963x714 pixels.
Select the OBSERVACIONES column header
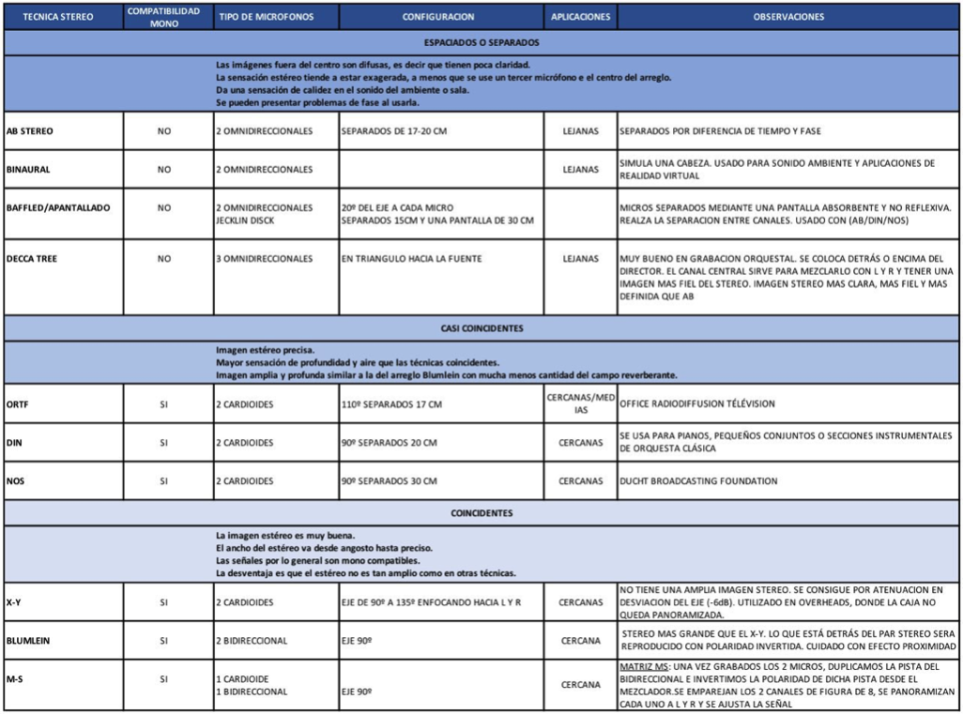(x=788, y=17)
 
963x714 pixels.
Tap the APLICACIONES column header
(x=581, y=17)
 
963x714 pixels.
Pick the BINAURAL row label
(x=28, y=170)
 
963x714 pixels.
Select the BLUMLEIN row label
(x=31, y=641)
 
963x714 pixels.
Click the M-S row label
(x=14, y=677)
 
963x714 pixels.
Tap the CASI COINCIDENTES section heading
(x=481, y=328)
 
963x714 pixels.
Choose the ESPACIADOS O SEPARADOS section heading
(x=481, y=42)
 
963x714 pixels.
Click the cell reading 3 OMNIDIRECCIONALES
(x=264, y=258)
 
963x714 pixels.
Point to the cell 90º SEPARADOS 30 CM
(x=390, y=481)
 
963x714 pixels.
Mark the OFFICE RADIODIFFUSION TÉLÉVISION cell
(x=696, y=404)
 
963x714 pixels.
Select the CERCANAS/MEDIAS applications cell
(x=580, y=404)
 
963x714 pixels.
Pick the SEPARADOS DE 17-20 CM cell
(x=394, y=131)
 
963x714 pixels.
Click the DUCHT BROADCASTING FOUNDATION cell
(x=699, y=481)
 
